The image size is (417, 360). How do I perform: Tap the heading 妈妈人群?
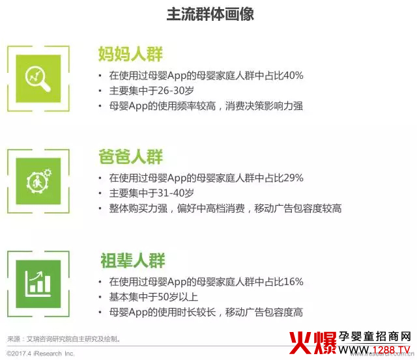[130, 53]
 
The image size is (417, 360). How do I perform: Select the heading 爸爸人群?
[130, 157]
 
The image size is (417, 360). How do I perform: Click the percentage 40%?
[292, 75]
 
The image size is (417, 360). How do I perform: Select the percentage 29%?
[292, 178]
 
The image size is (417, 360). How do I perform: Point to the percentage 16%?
[292, 282]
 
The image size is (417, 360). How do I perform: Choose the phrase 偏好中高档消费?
[208, 209]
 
